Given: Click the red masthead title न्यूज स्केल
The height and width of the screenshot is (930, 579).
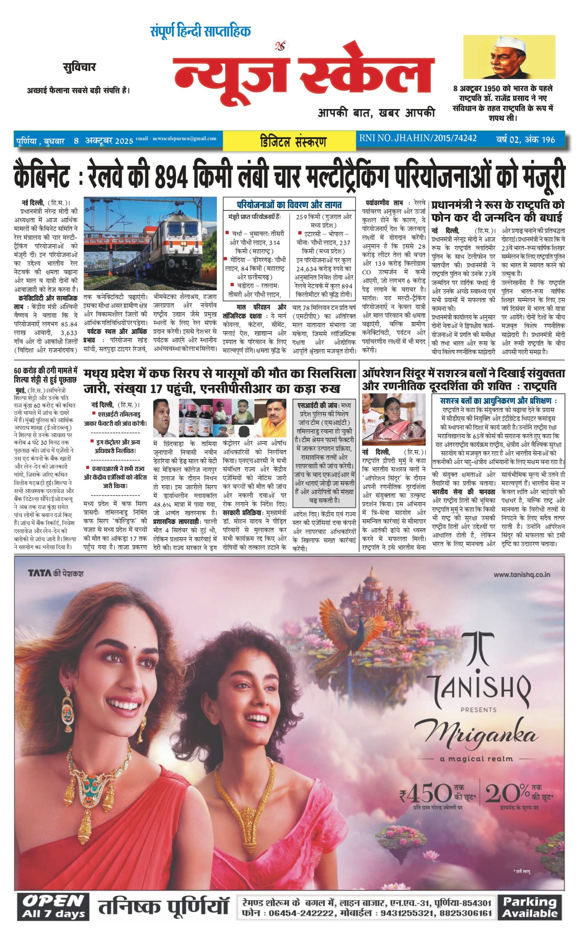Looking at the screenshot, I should click(303, 73).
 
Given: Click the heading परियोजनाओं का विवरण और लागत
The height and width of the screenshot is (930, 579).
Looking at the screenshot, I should click(289, 205).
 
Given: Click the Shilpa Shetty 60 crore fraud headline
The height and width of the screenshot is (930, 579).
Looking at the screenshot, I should click(45, 375).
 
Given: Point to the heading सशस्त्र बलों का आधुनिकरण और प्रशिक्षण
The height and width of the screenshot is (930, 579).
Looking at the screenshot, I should click(498, 401).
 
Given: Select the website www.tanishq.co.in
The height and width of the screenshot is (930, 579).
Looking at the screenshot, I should click(522, 574).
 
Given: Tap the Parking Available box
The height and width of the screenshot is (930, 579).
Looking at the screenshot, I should click(530, 907).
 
